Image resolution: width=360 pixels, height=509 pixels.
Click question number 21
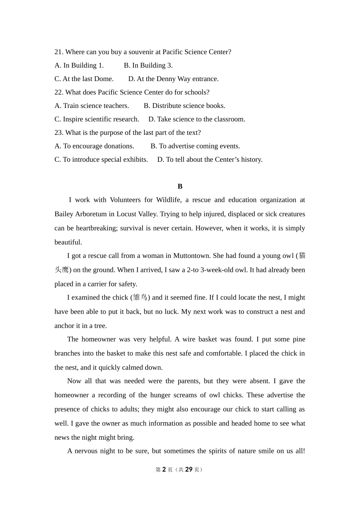[x=59, y=52]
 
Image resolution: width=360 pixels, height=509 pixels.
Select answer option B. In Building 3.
[x=148, y=66]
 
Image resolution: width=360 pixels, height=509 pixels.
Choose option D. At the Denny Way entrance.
[x=173, y=79]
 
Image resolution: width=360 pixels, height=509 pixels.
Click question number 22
[x=59, y=92]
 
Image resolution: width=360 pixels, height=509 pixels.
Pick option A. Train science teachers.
[x=92, y=106]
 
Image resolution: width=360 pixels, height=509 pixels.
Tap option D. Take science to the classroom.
[x=197, y=119]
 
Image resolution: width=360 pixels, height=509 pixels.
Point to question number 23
[x=59, y=133]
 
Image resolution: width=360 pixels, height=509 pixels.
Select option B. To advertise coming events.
[x=195, y=146]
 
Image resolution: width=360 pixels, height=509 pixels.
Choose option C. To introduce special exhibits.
[x=101, y=159]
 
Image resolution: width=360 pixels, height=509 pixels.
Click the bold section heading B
[x=180, y=186]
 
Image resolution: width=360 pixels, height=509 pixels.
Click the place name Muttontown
[x=191, y=256]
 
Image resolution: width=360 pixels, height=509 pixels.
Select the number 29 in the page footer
[x=189, y=470]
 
